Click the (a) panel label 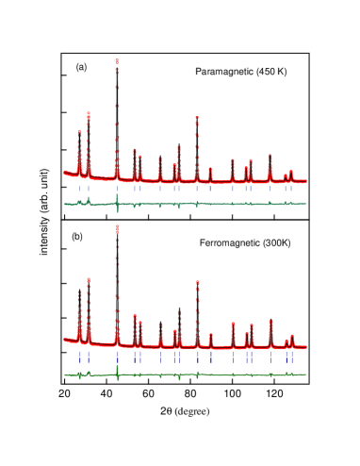pyautogui.click(x=82, y=67)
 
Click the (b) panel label pyautogui.click(x=77, y=237)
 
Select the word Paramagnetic pyautogui.click(x=223, y=73)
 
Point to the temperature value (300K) pyautogui.click(x=276, y=243)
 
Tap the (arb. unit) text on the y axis pyautogui.click(x=43, y=189)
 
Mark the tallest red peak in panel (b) pyautogui.click(x=117, y=228)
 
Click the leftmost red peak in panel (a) pyautogui.click(x=79, y=133)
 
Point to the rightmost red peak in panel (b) pyautogui.click(x=292, y=336)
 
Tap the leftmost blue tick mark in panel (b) pyautogui.click(x=79, y=358)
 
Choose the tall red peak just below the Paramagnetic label pyautogui.click(x=196, y=119)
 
